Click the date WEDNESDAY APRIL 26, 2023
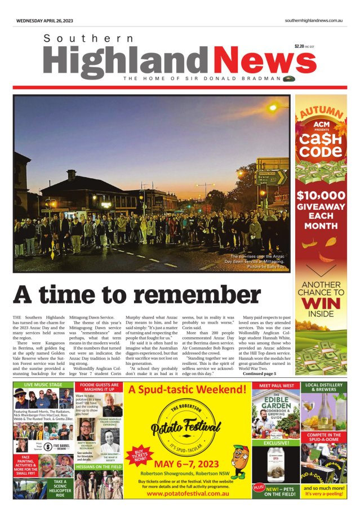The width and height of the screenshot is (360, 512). point(45,20)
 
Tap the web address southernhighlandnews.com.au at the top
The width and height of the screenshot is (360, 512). point(314,20)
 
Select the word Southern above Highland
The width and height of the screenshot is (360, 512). point(88,38)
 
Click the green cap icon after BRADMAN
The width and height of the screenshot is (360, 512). point(290,78)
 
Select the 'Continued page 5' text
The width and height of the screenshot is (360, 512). point(259,373)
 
